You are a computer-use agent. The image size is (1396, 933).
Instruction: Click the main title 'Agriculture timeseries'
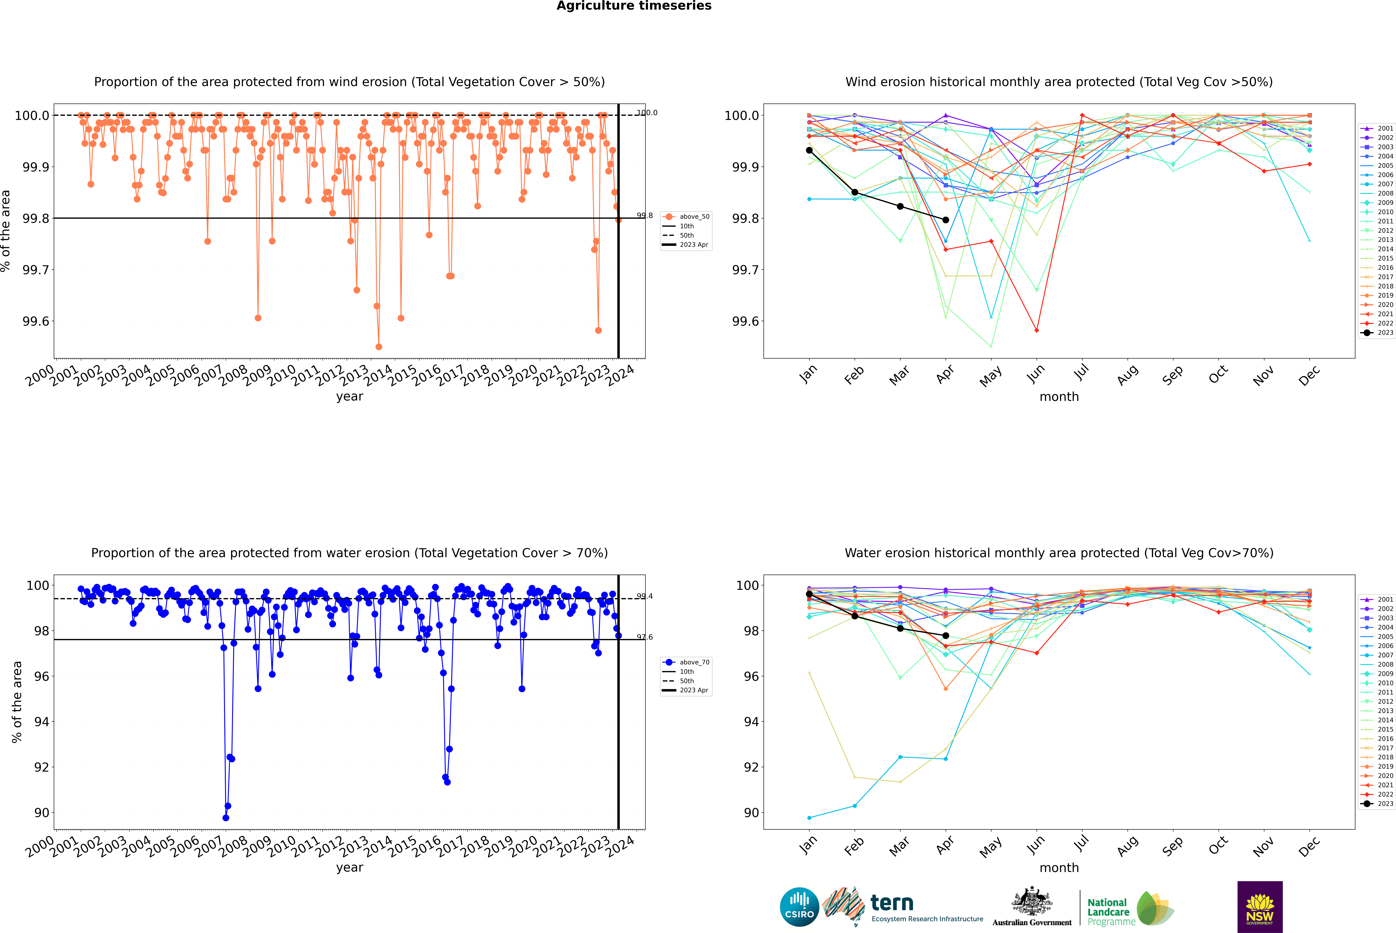pos(634,6)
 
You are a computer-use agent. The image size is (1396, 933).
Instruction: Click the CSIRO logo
pos(799,907)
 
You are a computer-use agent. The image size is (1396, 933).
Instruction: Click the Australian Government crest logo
pos(1032,909)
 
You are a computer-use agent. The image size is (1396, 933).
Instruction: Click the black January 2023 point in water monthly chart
pos(809,594)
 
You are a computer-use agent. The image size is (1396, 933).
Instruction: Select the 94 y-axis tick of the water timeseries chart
pos(42,722)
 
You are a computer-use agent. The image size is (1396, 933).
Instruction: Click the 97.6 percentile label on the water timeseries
pos(644,637)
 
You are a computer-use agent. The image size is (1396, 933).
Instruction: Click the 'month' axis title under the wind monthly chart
pos(1059,397)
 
